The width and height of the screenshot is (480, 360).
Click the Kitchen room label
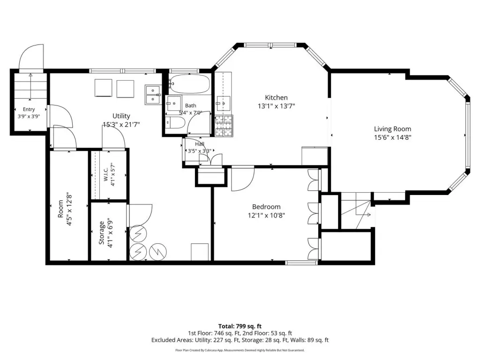coord(276,97)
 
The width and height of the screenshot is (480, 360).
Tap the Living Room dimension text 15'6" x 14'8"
coord(392,137)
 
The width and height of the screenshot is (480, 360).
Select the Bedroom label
coord(266,207)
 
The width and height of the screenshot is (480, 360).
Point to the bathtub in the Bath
coord(190,84)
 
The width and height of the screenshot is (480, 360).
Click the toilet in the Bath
coord(175,123)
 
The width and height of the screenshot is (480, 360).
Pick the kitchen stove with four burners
coord(224,126)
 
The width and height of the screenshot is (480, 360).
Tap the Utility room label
coord(121,116)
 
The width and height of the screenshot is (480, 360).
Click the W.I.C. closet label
coord(105,174)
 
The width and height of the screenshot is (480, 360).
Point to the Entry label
coord(29,109)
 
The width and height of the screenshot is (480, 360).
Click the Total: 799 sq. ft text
coord(240,326)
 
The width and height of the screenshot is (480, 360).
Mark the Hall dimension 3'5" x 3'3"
coord(199,150)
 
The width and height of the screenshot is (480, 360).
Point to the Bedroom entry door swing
coord(243,179)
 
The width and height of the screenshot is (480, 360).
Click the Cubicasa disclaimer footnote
coord(240,350)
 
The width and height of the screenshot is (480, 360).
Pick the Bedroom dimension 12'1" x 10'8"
coord(266,216)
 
